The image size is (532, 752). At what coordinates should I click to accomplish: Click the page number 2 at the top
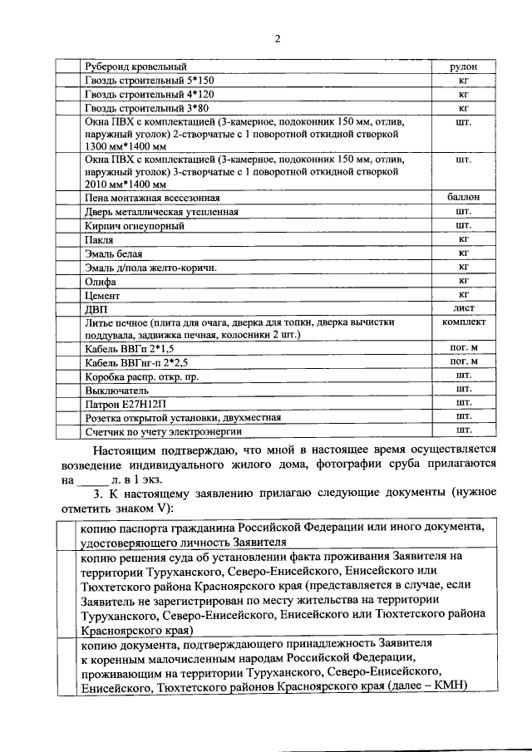278,37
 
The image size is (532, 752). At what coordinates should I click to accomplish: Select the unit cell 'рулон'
464,66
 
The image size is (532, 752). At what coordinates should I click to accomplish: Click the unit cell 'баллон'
464,198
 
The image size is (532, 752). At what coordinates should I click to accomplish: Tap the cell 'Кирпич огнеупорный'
133,225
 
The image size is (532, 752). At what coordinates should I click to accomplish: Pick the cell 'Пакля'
99,239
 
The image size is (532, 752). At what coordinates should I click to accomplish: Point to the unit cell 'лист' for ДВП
464,307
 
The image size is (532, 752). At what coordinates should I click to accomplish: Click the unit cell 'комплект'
464,321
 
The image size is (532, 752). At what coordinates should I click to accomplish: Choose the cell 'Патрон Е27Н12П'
126,403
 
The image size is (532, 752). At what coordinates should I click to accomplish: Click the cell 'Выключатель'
116,389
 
